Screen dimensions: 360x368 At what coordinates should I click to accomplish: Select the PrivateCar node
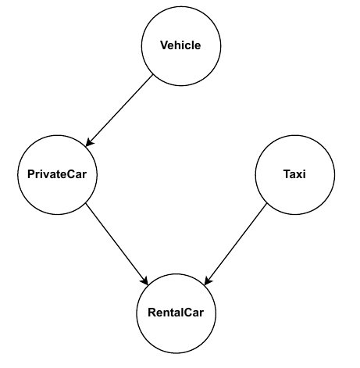tap(57, 175)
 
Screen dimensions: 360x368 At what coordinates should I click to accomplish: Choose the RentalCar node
tap(176, 313)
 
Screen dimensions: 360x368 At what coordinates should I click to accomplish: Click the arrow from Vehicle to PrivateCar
tap(119, 110)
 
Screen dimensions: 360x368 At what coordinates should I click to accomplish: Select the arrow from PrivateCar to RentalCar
tap(117, 244)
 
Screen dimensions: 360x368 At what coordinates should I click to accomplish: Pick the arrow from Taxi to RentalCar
tap(236, 244)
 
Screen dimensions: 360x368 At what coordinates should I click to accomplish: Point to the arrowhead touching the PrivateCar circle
tap(89, 143)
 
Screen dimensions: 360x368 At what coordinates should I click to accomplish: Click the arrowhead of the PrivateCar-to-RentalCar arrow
tap(145, 281)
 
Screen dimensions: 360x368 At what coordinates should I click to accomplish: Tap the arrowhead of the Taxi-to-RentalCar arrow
tap(208, 281)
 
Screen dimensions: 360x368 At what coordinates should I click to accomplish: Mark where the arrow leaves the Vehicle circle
tap(152, 75)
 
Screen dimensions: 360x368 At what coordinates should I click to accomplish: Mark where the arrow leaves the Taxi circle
tap(267, 204)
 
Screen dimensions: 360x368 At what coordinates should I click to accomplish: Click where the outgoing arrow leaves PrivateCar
tap(86, 204)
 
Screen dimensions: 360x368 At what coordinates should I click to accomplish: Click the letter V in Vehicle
tap(165, 45)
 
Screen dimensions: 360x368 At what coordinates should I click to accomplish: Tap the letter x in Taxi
tap(300, 175)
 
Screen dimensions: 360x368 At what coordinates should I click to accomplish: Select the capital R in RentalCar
tap(152, 313)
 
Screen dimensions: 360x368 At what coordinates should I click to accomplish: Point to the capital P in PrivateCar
tap(31, 174)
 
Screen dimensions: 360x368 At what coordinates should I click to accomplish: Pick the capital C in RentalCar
tap(186, 313)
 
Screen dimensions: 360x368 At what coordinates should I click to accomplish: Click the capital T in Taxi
tap(287, 174)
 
